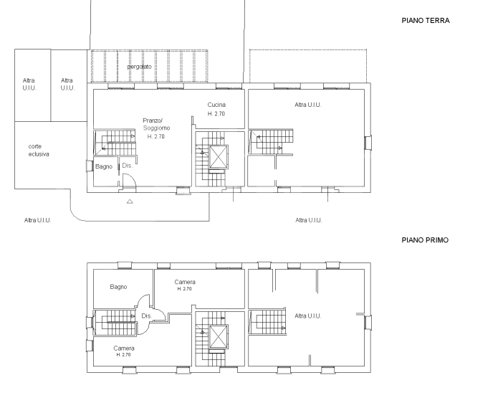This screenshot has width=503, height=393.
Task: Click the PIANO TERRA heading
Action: click(425, 21)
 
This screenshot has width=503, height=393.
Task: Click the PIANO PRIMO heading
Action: click(425, 240)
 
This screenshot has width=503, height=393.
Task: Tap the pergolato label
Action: click(140, 67)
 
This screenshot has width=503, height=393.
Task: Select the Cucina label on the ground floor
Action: click(217, 105)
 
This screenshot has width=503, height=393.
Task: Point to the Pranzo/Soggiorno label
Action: click(153, 123)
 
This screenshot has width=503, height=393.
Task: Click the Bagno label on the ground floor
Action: click(105, 167)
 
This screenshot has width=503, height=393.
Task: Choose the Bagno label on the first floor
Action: click(119, 287)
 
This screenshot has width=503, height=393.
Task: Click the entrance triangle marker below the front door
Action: click(130, 202)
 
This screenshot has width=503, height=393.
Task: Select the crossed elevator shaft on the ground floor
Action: click(217, 157)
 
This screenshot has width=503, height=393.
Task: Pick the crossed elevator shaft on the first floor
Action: click(217, 336)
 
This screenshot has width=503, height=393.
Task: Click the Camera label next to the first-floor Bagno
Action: click(185, 282)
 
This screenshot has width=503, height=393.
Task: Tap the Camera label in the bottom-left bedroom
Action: click(124, 349)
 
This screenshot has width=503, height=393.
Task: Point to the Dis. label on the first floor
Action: click(145, 316)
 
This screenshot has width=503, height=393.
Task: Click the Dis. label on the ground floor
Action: click(127, 166)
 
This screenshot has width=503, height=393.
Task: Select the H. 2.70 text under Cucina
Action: click(217, 114)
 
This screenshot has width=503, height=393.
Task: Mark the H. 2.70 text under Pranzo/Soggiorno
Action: click(155, 136)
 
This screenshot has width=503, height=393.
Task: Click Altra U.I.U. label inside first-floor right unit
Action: click(307, 316)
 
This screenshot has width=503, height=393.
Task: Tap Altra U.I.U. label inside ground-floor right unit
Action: click(308, 105)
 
